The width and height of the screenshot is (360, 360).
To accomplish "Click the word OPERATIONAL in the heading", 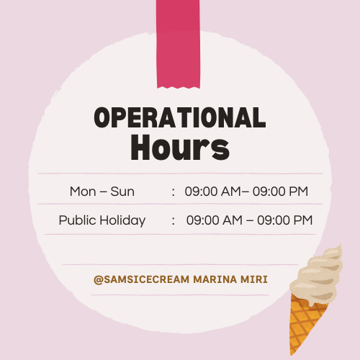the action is click(x=180, y=117).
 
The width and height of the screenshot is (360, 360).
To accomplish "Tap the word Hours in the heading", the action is click(x=180, y=148).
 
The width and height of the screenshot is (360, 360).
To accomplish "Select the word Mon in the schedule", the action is click(x=83, y=192).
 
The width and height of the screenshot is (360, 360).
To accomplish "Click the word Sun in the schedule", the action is click(x=122, y=192).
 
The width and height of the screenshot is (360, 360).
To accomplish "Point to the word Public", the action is click(x=78, y=220).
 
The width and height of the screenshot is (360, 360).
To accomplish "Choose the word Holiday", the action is click(x=122, y=220).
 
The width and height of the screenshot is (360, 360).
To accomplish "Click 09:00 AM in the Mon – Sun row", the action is click(x=212, y=192).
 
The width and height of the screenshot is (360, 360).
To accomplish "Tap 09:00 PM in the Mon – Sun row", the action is click(x=280, y=192).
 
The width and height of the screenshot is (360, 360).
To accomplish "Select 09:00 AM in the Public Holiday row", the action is click(x=215, y=220).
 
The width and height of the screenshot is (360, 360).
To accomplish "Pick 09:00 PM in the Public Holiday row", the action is click(x=285, y=220).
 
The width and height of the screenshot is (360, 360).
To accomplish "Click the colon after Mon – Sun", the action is click(x=174, y=192).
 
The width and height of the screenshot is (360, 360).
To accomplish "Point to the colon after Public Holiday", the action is click(x=174, y=221).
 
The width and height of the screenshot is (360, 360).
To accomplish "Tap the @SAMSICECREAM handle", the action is click(x=142, y=279).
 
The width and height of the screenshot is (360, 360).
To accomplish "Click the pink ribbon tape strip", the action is click(x=178, y=44).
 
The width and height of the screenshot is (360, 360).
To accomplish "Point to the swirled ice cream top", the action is click(x=317, y=276).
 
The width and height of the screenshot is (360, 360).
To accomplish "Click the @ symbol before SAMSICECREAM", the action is click(x=99, y=280).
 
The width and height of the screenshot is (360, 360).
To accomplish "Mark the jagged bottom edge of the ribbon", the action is click(x=179, y=87).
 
